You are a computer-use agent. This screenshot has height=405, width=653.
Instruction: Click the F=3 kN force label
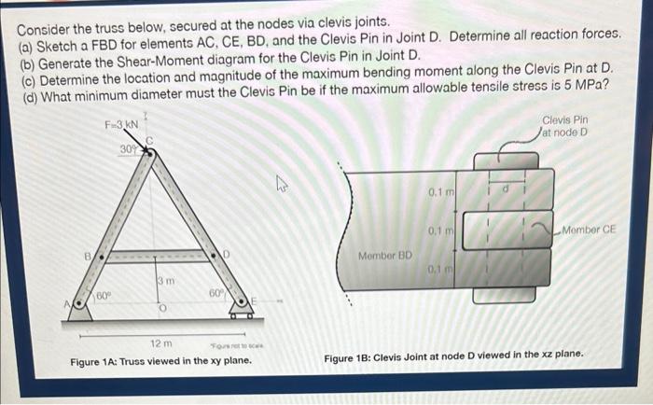119,125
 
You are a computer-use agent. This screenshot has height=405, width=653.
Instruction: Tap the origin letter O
161,309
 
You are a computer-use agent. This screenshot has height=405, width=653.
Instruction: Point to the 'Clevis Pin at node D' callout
566,126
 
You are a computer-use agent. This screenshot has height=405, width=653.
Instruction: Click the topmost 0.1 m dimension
440,192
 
